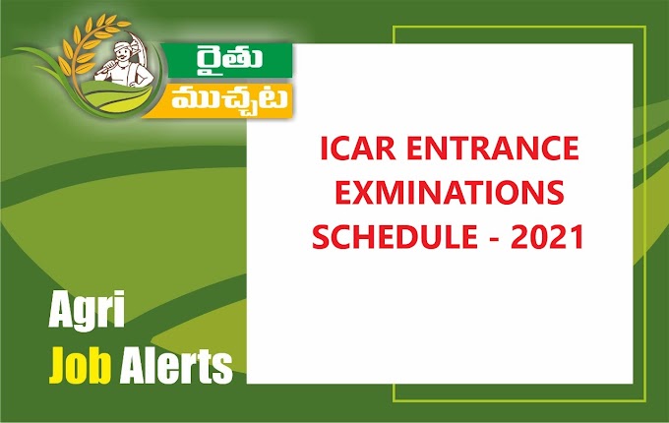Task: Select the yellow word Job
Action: (x=82, y=367)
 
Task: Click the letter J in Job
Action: (x=57, y=366)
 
